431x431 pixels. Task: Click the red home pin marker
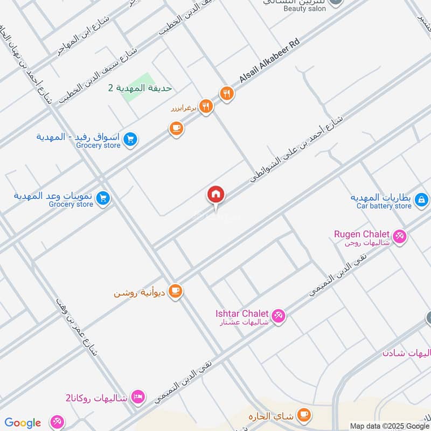tap(215, 194)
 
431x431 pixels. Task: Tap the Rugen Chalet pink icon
tap(399, 235)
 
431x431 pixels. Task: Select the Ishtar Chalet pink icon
tap(278, 315)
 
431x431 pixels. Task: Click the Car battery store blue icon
tap(422, 200)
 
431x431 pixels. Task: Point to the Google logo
tap(23, 423)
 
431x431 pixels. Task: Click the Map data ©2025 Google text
tap(390, 426)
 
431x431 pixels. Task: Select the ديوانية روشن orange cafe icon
tap(176, 291)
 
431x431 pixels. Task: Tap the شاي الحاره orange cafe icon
tap(304, 414)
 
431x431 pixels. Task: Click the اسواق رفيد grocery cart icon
tap(130, 140)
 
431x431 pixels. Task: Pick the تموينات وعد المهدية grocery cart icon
tap(103, 199)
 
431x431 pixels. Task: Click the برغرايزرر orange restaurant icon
tap(205, 106)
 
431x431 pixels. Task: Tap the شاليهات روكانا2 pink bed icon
tap(138, 397)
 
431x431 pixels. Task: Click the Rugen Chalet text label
tap(362, 234)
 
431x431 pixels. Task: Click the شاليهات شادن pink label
tap(407, 353)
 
